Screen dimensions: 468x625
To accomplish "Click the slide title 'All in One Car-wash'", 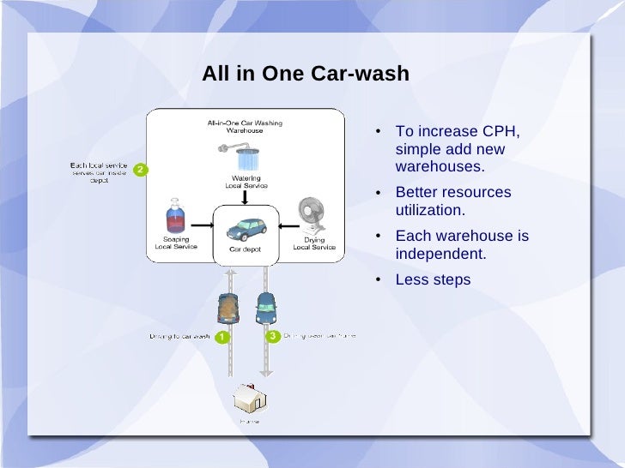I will [305, 75].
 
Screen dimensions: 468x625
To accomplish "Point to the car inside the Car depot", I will [246, 228].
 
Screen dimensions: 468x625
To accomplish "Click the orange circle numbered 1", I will [221, 337].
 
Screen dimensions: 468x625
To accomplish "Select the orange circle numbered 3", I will [272, 336].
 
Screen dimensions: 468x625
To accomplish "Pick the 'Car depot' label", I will [245, 249].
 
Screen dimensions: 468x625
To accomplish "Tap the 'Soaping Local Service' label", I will [175, 243].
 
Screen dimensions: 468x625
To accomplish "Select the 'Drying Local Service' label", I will [314, 243].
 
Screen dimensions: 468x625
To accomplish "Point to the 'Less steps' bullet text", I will [433, 279].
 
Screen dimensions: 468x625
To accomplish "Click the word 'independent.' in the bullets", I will [440, 254].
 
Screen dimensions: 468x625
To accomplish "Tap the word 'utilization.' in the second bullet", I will [430, 210].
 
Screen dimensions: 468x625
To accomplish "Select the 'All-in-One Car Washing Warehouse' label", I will [244, 127].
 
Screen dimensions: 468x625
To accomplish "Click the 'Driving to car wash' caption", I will [179, 336].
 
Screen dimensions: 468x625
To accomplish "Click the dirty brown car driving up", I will [228, 307].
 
